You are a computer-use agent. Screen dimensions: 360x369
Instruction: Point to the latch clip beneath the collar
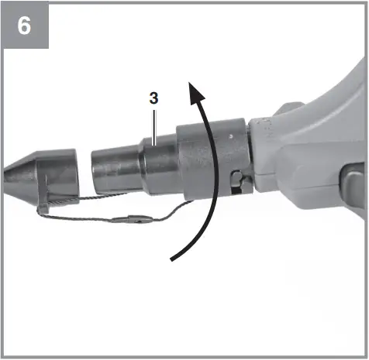click(x=238, y=183)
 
